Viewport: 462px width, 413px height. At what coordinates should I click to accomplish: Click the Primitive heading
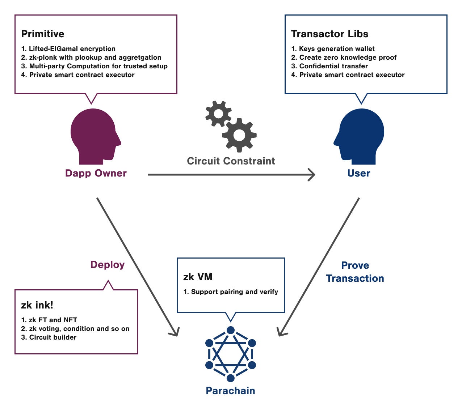click(x=43, y=34)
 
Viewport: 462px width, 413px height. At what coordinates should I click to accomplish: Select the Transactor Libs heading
click(x=329, y=34)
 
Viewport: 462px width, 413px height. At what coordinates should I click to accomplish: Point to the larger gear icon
click(x=239, y=135)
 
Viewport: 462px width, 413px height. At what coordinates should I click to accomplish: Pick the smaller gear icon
click(x=218, y=114)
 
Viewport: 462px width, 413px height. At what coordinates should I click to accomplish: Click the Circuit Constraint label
click(x=231, y=161)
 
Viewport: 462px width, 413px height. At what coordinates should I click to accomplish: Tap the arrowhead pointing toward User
click(x=311, y=175)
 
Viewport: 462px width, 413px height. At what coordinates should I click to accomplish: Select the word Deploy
click(x=108, y=265)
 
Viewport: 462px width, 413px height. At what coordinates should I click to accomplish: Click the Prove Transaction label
click(x=355, y=272)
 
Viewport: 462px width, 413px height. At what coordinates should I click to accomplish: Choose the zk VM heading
click(x=198, y=277)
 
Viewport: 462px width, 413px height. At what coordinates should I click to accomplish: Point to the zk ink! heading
click(x=37, y=305)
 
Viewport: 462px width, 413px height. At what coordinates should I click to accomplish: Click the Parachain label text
click(x=230, y=391)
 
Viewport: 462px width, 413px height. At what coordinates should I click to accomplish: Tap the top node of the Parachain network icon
click(x=231, y=330)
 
